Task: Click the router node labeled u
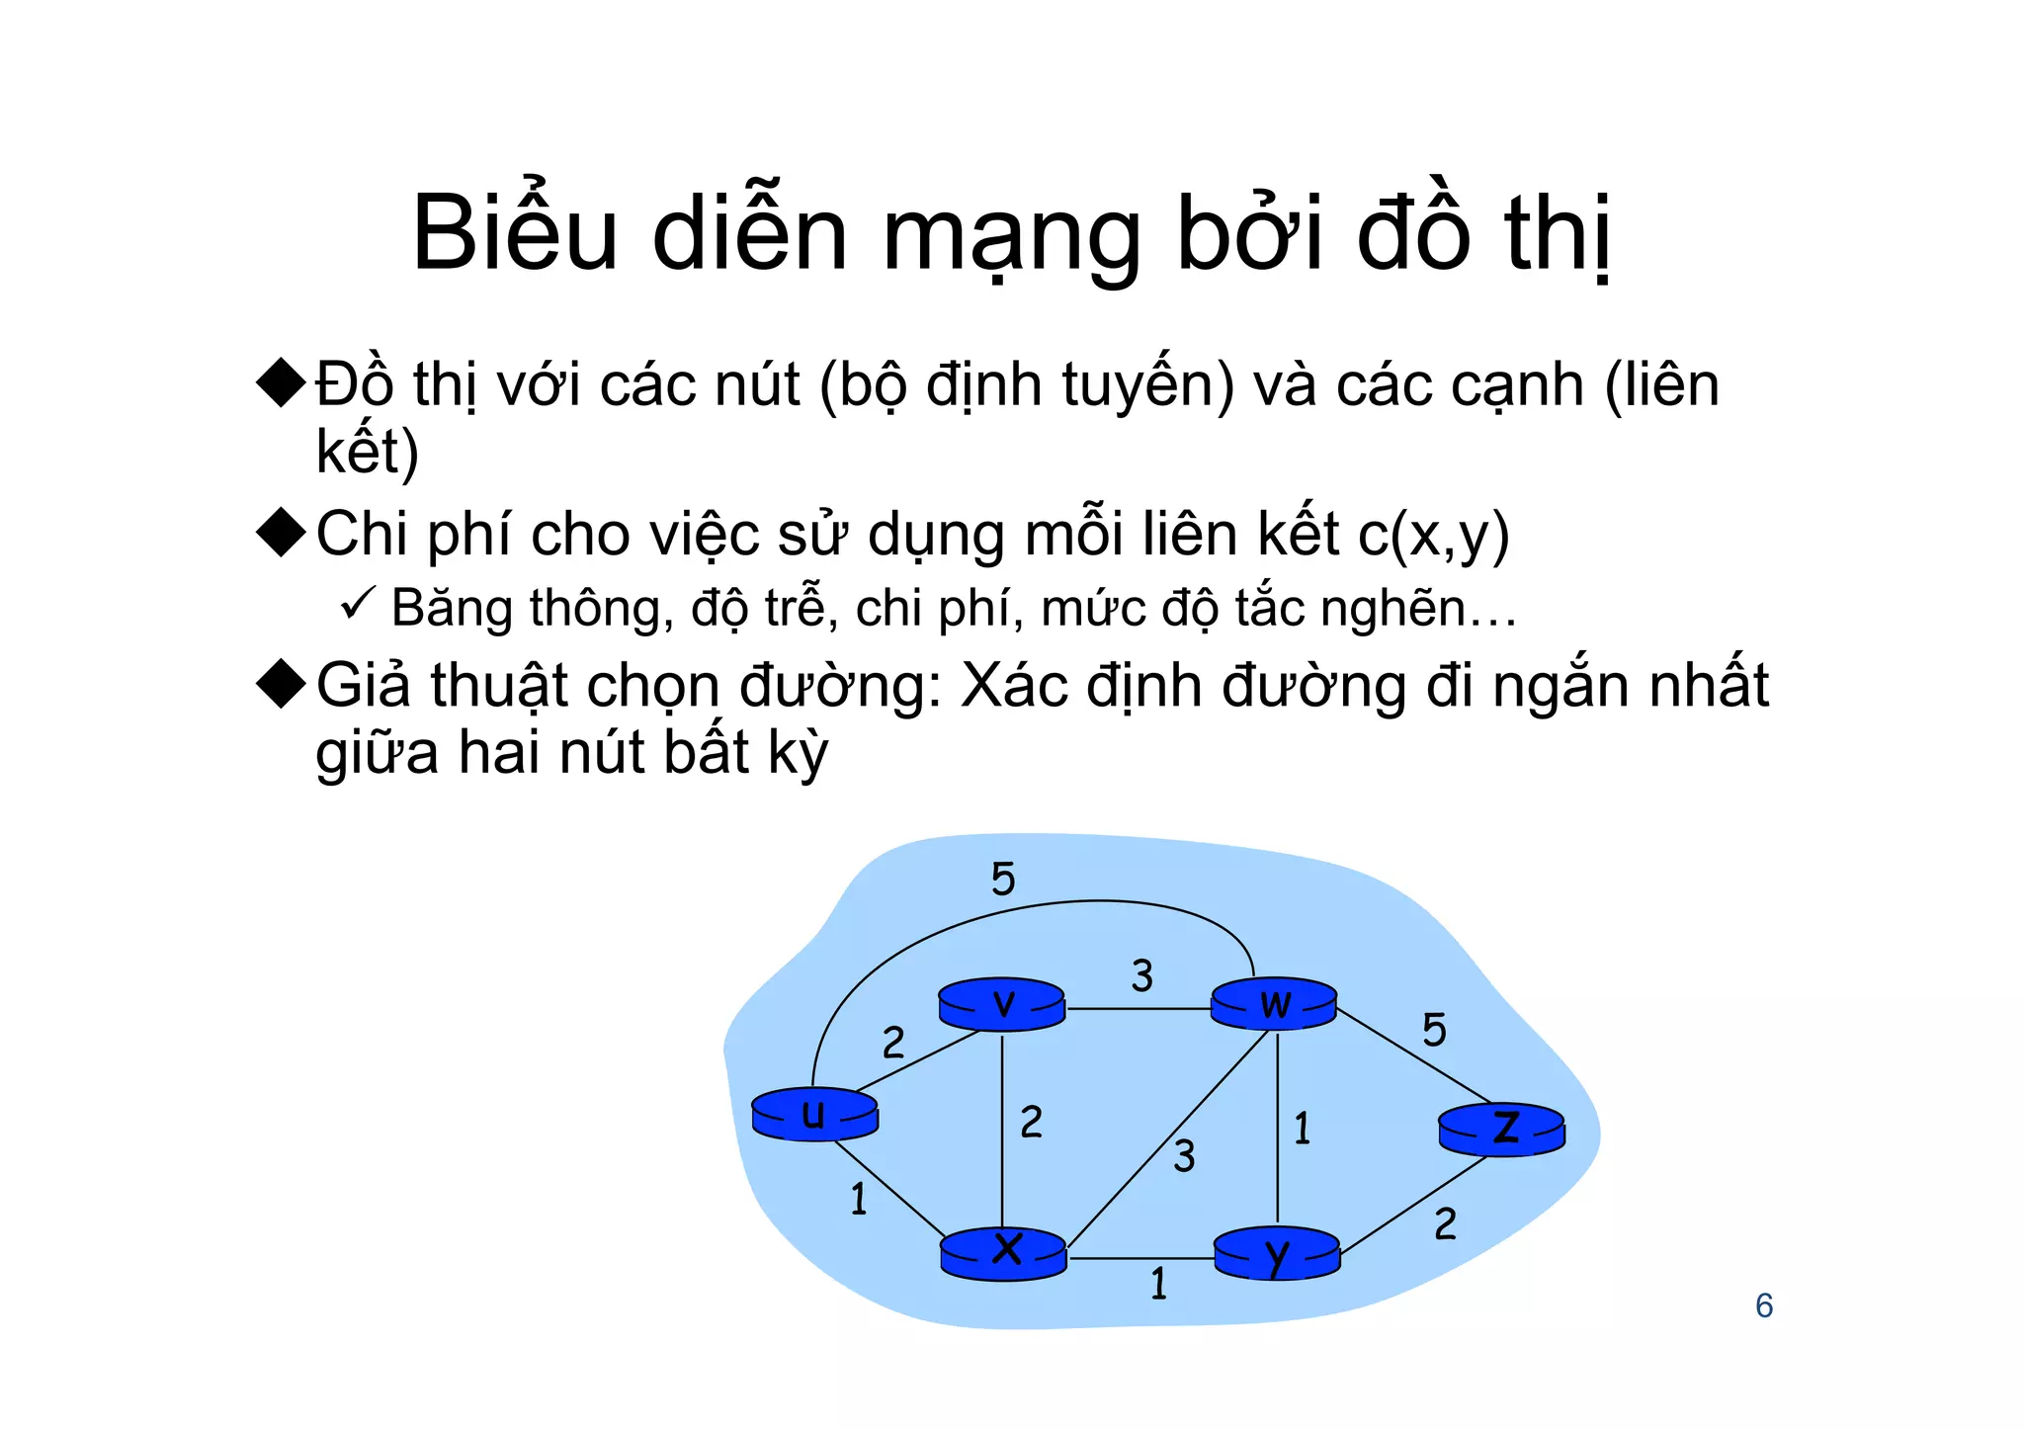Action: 814,1116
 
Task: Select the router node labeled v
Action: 1002,1005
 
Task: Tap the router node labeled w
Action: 1274,1004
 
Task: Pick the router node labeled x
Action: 1004,1253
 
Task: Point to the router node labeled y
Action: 1277,1254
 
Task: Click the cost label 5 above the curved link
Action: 1003,879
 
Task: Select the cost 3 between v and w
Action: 1142,976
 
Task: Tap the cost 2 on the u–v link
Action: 893,1043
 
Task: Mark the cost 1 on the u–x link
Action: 859,1199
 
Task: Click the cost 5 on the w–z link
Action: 1434,1031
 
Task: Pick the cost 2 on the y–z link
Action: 1445,1224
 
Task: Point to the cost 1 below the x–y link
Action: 1159,1284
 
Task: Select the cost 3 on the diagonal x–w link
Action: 1184,1156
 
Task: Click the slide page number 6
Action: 1764,1306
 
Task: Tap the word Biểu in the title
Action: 514,233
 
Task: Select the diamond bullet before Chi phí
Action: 282,534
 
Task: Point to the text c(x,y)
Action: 1434,536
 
